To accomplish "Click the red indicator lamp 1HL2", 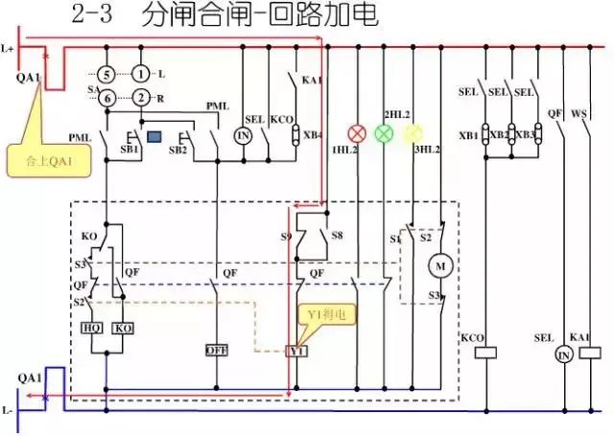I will coord(358,132).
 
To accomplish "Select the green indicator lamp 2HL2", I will coord(385,132).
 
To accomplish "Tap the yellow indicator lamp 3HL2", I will coord(413,132).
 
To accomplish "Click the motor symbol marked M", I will coord(442,264).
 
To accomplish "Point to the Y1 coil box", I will coord(297,351).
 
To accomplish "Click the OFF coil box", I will coord(216,351).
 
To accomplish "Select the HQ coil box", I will coord(92,328).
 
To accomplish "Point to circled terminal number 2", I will coord(141,98).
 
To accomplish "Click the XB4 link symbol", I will coord(296,134).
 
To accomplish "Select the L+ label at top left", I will coord(9,47).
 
